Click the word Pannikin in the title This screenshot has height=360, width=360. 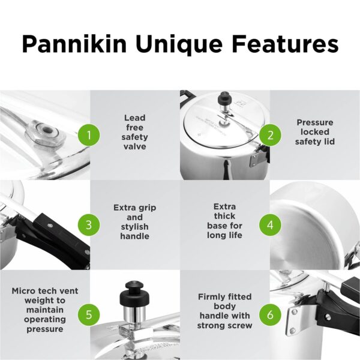74,44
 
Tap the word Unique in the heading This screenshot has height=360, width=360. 179,45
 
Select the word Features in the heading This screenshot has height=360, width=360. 285,44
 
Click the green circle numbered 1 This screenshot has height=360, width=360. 89,135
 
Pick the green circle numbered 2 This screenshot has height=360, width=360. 270,135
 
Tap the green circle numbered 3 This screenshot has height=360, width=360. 89,225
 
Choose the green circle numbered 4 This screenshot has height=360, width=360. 270,225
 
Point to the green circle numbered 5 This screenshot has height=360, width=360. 89,314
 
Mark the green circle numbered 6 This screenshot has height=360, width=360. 270,314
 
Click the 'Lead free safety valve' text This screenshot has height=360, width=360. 135,132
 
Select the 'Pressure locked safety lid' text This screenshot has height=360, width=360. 315,132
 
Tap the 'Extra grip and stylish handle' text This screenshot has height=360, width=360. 135,222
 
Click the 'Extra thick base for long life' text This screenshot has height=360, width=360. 224,221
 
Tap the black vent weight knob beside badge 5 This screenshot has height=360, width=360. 131,293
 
